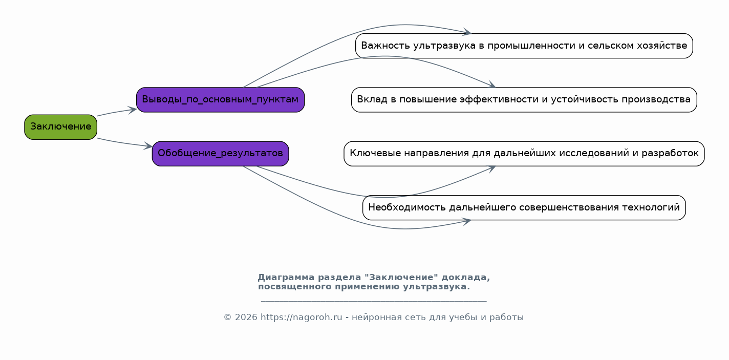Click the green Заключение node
pyautogui.click(x=60, y=127)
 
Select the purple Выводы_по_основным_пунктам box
pyautogui.click(x=220, y=100)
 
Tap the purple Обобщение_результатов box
pyautogui.click(x=220, y=154)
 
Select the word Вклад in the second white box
pyautogui.click(x=372, y=99)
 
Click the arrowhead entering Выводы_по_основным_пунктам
pyautogui.click(x=133, y=110)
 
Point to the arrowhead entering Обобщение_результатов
pyautogui.click(x=148, y=146)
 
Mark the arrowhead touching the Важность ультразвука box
pyautogui.click(x=467, y=32)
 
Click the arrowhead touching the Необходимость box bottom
pyautogui.click(x=467, y=222)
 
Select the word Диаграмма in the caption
pyautogui.click(x=286, y=278)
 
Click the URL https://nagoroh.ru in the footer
pyautogui.click(x=302, y=317)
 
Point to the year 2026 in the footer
pyautogui.click(x=246, y=317)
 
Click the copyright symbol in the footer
pyautogui.click(x=227, y=317)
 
